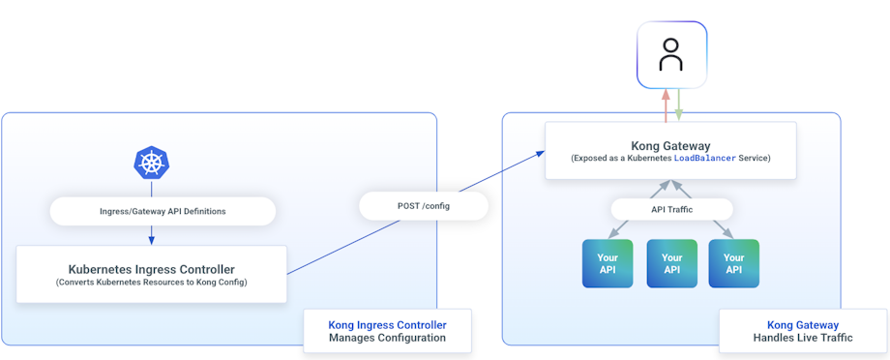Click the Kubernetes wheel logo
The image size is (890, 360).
tap(151, 163)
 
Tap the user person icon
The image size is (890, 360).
tap(670, 55)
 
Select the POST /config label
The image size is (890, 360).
tap(423, 206)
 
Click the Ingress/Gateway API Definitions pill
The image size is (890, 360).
tap(163, 211)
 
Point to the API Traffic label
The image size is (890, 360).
tap(671, 209)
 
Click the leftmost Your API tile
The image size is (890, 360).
tap(607, 263)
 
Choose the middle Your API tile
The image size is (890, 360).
tap(671, 263)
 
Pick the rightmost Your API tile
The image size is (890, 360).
tap(733, 263)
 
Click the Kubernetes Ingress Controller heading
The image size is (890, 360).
tap(151, 269)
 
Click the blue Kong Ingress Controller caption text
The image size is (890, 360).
tap(387, 325)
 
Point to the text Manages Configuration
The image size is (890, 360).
tap(387, 339)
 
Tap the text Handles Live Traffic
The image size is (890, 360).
tap(802, 339)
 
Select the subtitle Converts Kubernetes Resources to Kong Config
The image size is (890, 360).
tap(151, 283)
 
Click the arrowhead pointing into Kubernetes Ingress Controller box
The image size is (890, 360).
tap(151, 241)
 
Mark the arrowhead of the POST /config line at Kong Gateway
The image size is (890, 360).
tap(540, 152)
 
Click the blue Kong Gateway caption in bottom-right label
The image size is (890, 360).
tap(802, 325)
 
